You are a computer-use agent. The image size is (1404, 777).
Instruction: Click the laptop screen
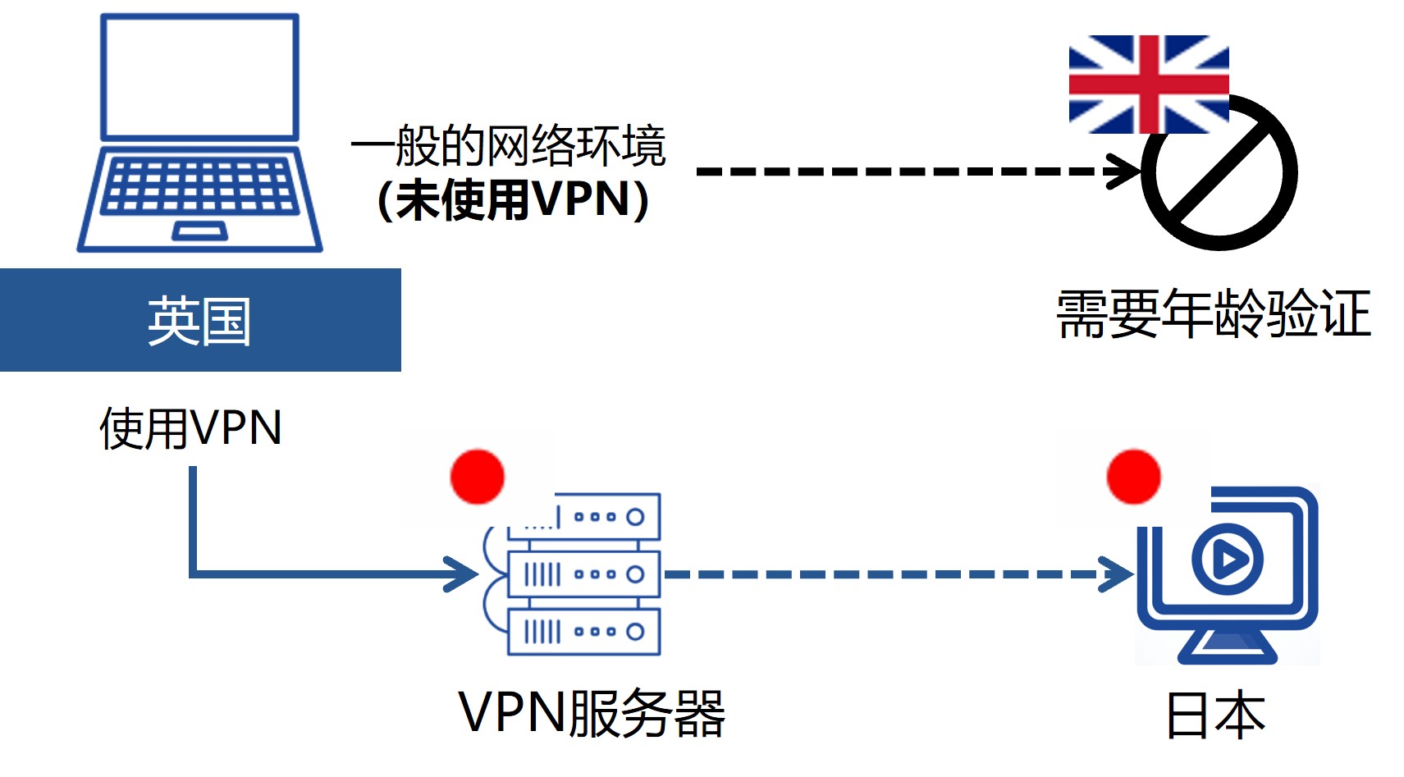[199, 77]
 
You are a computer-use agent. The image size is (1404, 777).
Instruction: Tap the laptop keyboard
[199, 187]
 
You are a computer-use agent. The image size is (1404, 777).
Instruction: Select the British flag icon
[1148, 84]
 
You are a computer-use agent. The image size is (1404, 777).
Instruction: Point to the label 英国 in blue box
[199, 321]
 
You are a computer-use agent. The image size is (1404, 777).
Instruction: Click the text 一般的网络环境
[508, 146]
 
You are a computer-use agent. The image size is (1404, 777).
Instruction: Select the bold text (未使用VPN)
[513, 199]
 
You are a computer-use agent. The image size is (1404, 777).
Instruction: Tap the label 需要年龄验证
[1213, 313]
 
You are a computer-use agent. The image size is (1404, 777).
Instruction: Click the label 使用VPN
[190, 427]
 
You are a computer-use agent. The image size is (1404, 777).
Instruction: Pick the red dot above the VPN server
[477, 476]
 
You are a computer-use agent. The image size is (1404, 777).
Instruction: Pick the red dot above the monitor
[1133, 476]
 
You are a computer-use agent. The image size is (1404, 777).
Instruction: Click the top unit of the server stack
[607, 517]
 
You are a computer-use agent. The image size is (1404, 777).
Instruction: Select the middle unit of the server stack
[583, 574]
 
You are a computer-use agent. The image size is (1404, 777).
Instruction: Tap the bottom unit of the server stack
[583, 632]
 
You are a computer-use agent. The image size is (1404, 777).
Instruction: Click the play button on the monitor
[1227, 560]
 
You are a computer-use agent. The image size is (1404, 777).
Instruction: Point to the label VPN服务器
[591, 713]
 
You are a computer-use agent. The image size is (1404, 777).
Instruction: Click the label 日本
[1215, 715]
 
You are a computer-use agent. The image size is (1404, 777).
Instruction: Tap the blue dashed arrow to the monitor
[894, 574]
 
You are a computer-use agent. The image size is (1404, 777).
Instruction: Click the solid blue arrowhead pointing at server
[462, 574]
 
